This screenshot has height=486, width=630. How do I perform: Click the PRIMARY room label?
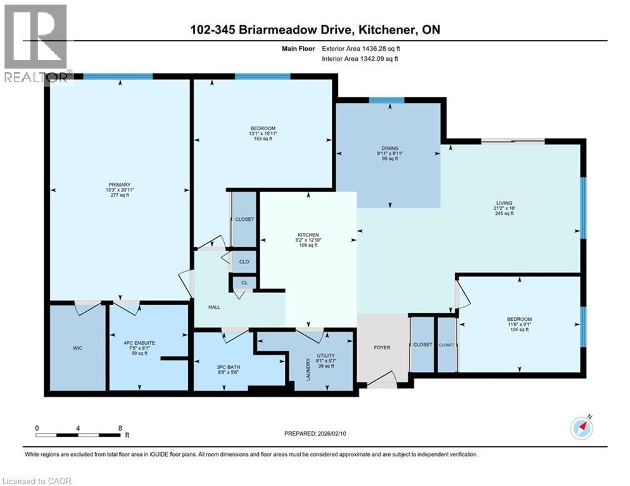119,185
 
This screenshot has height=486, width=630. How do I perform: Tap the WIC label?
77,348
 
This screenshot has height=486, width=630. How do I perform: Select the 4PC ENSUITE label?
140,342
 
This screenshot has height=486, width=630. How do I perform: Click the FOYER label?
382,347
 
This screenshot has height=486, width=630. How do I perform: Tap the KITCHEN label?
308,234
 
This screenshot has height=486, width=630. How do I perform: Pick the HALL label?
215,306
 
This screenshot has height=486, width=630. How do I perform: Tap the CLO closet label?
244,261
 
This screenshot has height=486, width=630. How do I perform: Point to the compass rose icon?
581,428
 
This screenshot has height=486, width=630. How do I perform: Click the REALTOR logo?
35,44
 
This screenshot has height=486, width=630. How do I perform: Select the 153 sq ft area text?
262,139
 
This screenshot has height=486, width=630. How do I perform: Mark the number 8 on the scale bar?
120,427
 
